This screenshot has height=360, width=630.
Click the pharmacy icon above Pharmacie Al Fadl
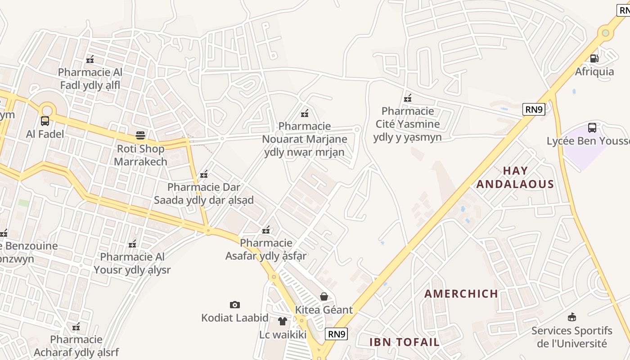click(90, 59)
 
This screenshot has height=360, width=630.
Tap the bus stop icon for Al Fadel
click(45, 121)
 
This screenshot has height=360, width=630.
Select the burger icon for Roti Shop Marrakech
click(140, 135)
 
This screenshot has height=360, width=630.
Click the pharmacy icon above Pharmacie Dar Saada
click(204, 174)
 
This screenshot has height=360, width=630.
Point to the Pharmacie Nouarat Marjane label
click(305, 139)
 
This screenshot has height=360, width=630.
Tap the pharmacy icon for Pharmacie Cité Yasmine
click(408, 98)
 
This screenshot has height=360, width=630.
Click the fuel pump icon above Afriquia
click(594, 58)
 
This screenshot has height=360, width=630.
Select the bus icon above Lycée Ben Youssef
click(592, 127)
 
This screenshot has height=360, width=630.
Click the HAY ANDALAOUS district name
click(515, 177)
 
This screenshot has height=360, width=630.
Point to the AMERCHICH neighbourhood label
click(461, 294)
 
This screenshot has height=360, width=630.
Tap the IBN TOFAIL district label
click(404, 342)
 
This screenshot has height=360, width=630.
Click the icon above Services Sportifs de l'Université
click(571, 317)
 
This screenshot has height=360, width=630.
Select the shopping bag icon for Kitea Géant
click(324, 296)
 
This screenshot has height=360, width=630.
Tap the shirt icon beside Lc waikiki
click(282, 321)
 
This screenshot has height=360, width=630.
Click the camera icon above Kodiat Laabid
click(234, 305)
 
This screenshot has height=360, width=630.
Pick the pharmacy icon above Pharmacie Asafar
click(266, 230)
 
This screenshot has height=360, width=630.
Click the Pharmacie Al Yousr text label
click(132, 263)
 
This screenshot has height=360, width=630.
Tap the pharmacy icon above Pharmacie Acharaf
click(76, 326)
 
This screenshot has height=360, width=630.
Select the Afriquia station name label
click(594, 72)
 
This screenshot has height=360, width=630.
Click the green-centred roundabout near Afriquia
click(606, 33)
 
